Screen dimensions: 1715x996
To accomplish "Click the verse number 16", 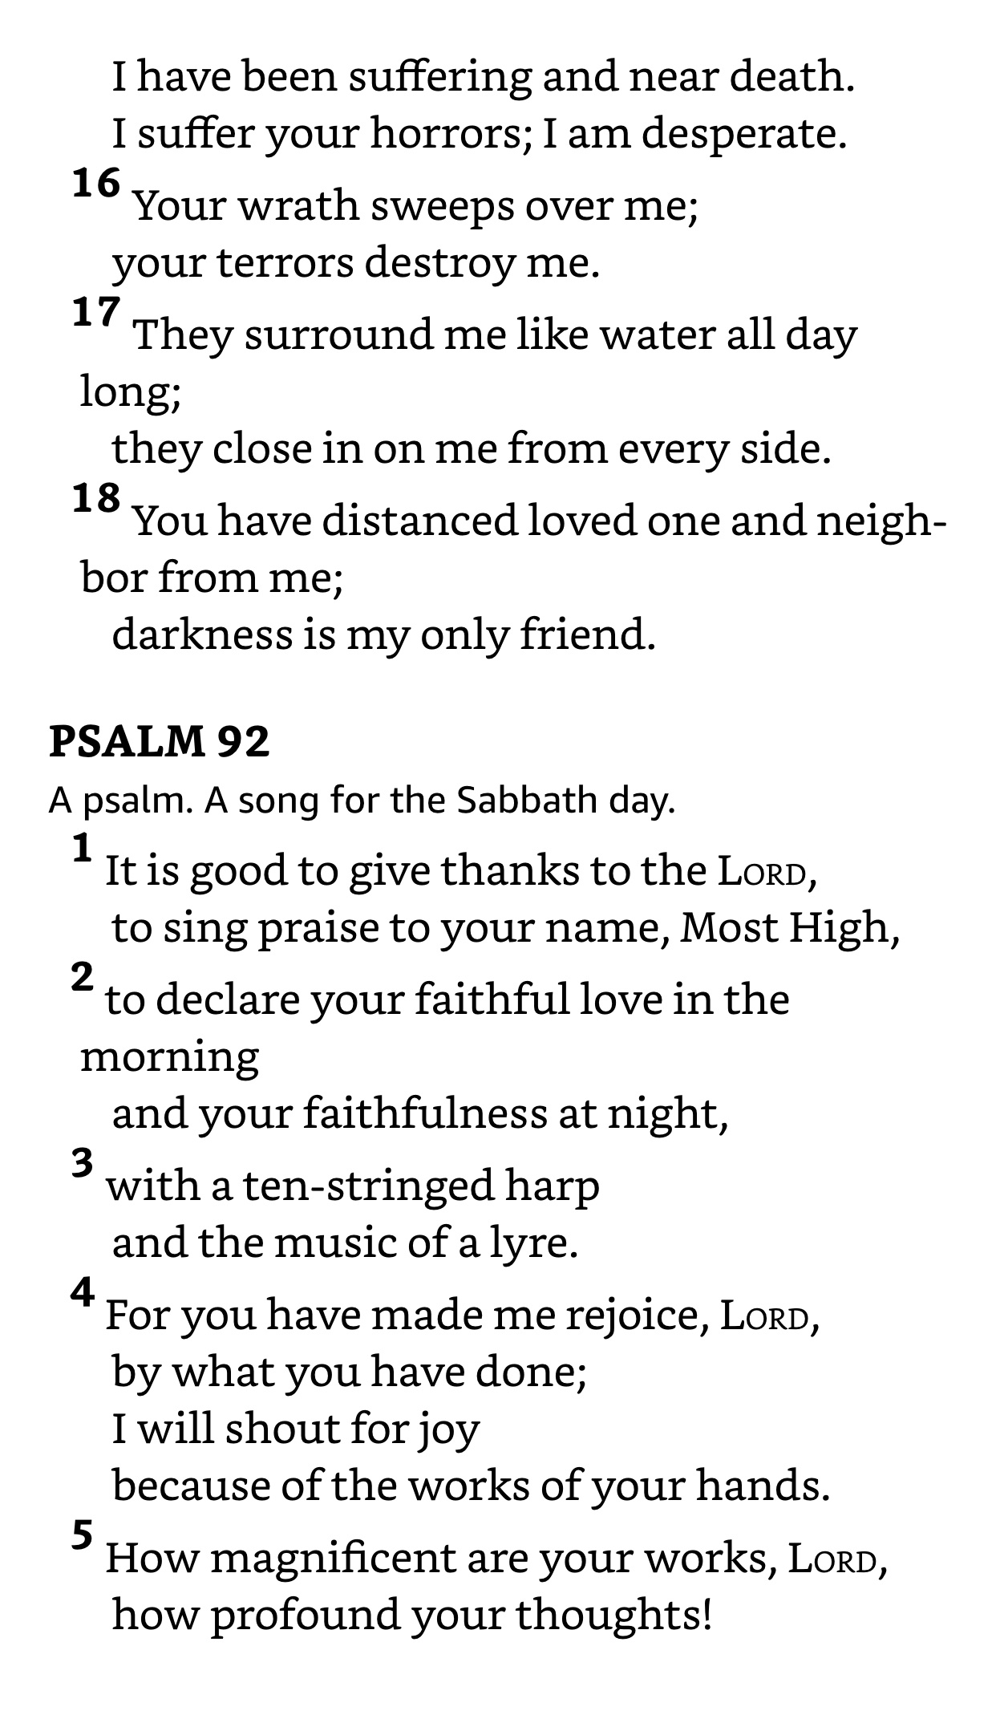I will [x=96, y=184].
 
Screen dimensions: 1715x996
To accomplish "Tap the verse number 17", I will [x=96, y=313].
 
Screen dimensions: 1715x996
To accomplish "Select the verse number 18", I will [x=96, y=499].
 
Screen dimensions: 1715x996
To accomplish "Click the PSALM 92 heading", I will [x=160, y=741].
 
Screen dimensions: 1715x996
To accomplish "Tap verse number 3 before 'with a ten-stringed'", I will [x=83, y=1163].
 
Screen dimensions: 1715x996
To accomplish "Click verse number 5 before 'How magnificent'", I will [x=83, y=1536].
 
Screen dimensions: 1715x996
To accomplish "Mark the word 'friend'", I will [x=587, y=635].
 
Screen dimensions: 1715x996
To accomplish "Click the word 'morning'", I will [x=170, y=1057].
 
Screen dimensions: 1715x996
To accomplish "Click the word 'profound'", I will [x=305, y=1615].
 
